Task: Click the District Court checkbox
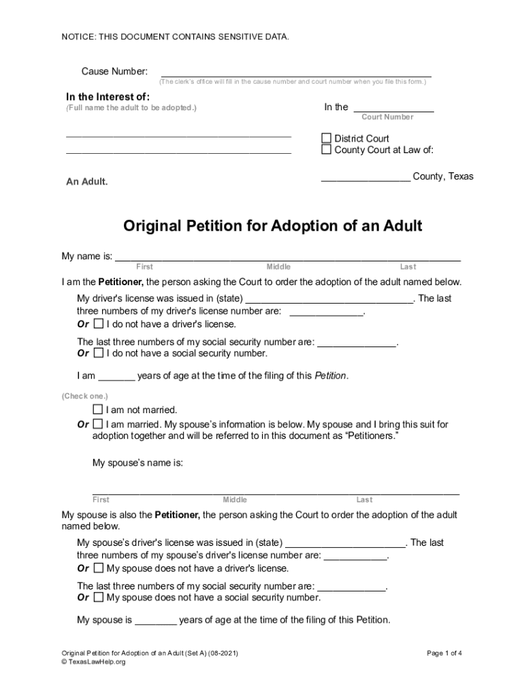click(326, 138)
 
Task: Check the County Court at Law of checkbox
click(326, 150)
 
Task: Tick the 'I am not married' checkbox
click(97, 410)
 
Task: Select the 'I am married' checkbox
click(97, 424)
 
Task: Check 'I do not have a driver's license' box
click(99, 323)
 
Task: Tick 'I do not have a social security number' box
click(99, 353)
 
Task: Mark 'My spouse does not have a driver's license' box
click(99, 568)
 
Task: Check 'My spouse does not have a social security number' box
click(99, 597)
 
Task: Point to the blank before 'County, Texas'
click(365, 179)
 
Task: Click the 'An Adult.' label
click(86, 182)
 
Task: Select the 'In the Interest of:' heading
click(108, 96)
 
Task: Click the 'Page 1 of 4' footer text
click(444, 653)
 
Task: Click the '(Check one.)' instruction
click(85, 395)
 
